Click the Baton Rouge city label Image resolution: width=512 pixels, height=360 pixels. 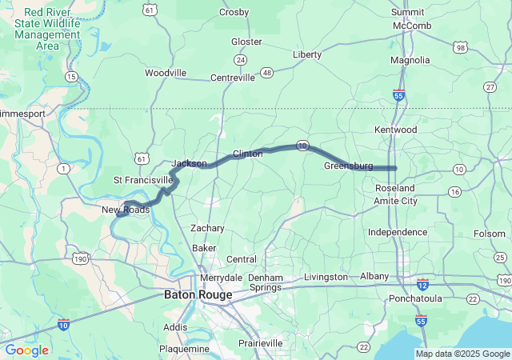click(x=198, y=294)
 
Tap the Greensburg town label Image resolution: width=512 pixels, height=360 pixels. click(x=348, y=166)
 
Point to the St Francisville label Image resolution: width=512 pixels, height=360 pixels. click(x=143, y=179)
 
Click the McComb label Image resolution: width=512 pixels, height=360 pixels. click(x=412, y=26)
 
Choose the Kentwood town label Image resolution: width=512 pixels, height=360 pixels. click(x=395, y=130)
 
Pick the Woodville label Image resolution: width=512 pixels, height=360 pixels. click(x=166, y=73)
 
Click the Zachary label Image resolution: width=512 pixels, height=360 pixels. click(x=207, y=228)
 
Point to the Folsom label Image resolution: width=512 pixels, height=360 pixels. click(x=490, y=234)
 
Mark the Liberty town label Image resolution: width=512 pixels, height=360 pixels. click(x=307, y=54)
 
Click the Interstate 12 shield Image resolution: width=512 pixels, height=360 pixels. click(x=422, y=285)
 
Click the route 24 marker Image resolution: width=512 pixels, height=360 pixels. click(x=240, y=59)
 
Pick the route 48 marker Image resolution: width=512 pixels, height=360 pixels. click(x=266, y=72)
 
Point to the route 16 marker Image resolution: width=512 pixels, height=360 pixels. click(x=454, y=192)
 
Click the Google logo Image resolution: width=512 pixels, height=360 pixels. click(x=26, y=350)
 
